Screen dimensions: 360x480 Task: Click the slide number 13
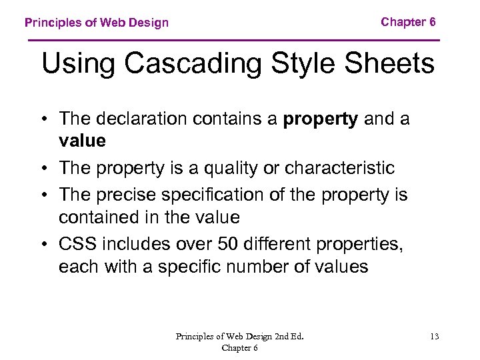pos(435,337)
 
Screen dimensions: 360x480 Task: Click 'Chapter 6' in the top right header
pos(408,22)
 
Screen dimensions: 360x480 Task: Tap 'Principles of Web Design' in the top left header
pos(97,23)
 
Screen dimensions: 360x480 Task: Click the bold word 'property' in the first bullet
pos(321,119)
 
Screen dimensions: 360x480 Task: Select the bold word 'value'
pos(82,141)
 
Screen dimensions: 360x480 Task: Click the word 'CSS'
pos(77,245)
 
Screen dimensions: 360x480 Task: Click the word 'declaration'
pos(139,119)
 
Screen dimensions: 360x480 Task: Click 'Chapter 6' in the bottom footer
pos(239,348)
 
